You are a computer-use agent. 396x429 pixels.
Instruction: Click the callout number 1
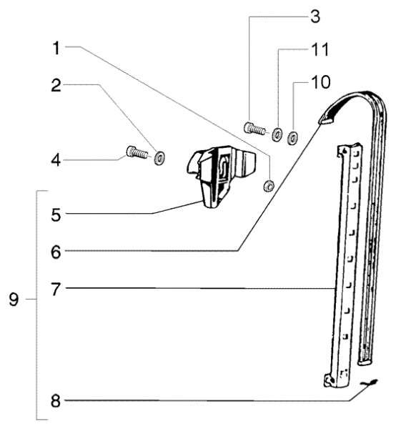coord(56,48)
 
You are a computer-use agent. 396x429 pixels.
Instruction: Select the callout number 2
coord(56,85)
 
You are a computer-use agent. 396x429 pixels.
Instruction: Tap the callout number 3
coord(315,16)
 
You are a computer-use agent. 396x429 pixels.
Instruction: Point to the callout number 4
coord(56,159)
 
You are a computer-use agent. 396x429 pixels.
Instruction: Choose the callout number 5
coord(56,215)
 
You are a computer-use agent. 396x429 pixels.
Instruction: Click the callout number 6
coord(56,252)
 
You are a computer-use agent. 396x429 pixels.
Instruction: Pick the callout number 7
coord(56,290)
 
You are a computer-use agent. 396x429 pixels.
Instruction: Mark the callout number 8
coord(56,401)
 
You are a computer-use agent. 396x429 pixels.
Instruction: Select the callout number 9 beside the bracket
coord(14,300)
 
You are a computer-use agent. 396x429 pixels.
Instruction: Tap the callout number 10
coord(321,82)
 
